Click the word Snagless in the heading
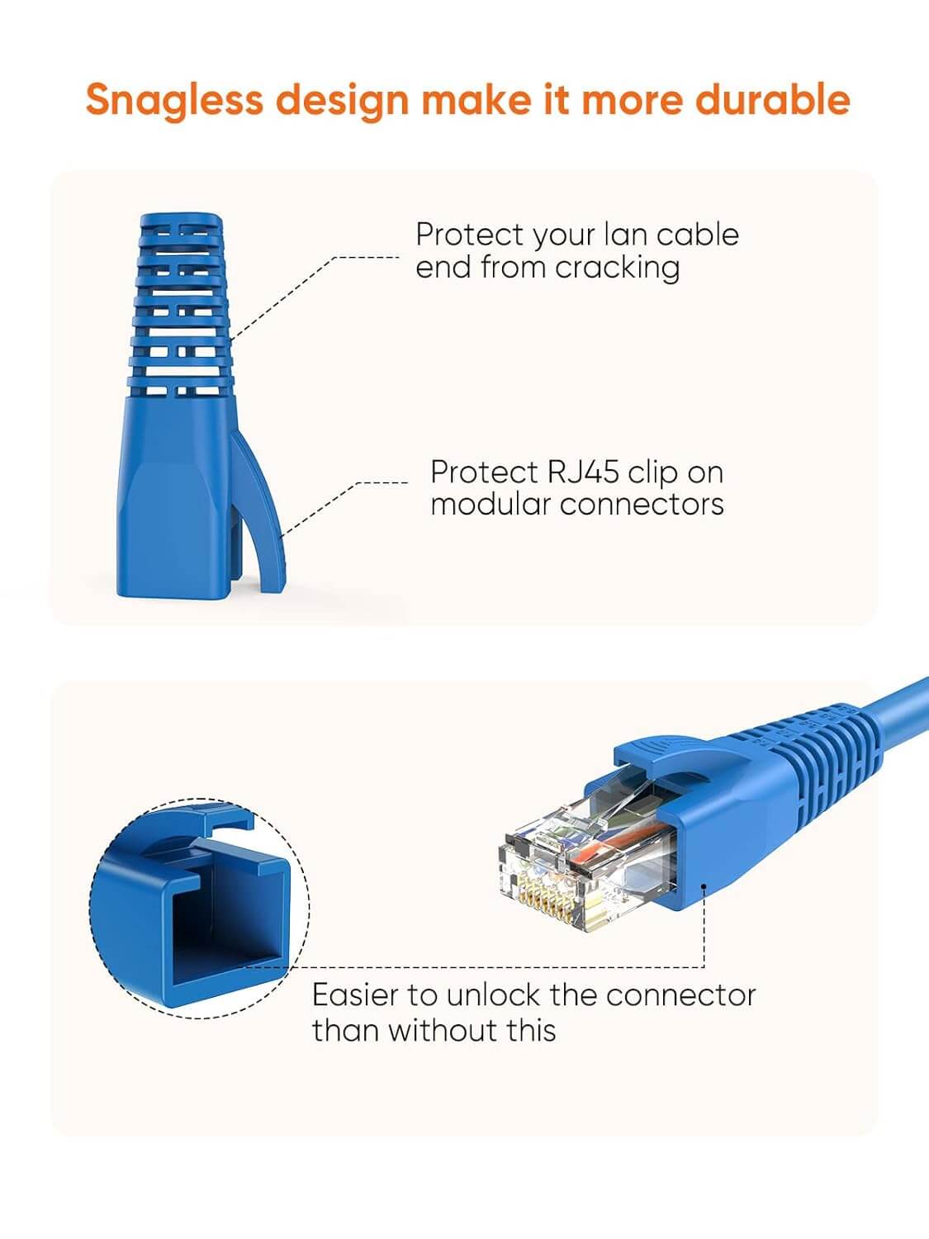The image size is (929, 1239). (x=173, y=100)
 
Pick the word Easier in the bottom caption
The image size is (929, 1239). (x=356, y=995)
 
